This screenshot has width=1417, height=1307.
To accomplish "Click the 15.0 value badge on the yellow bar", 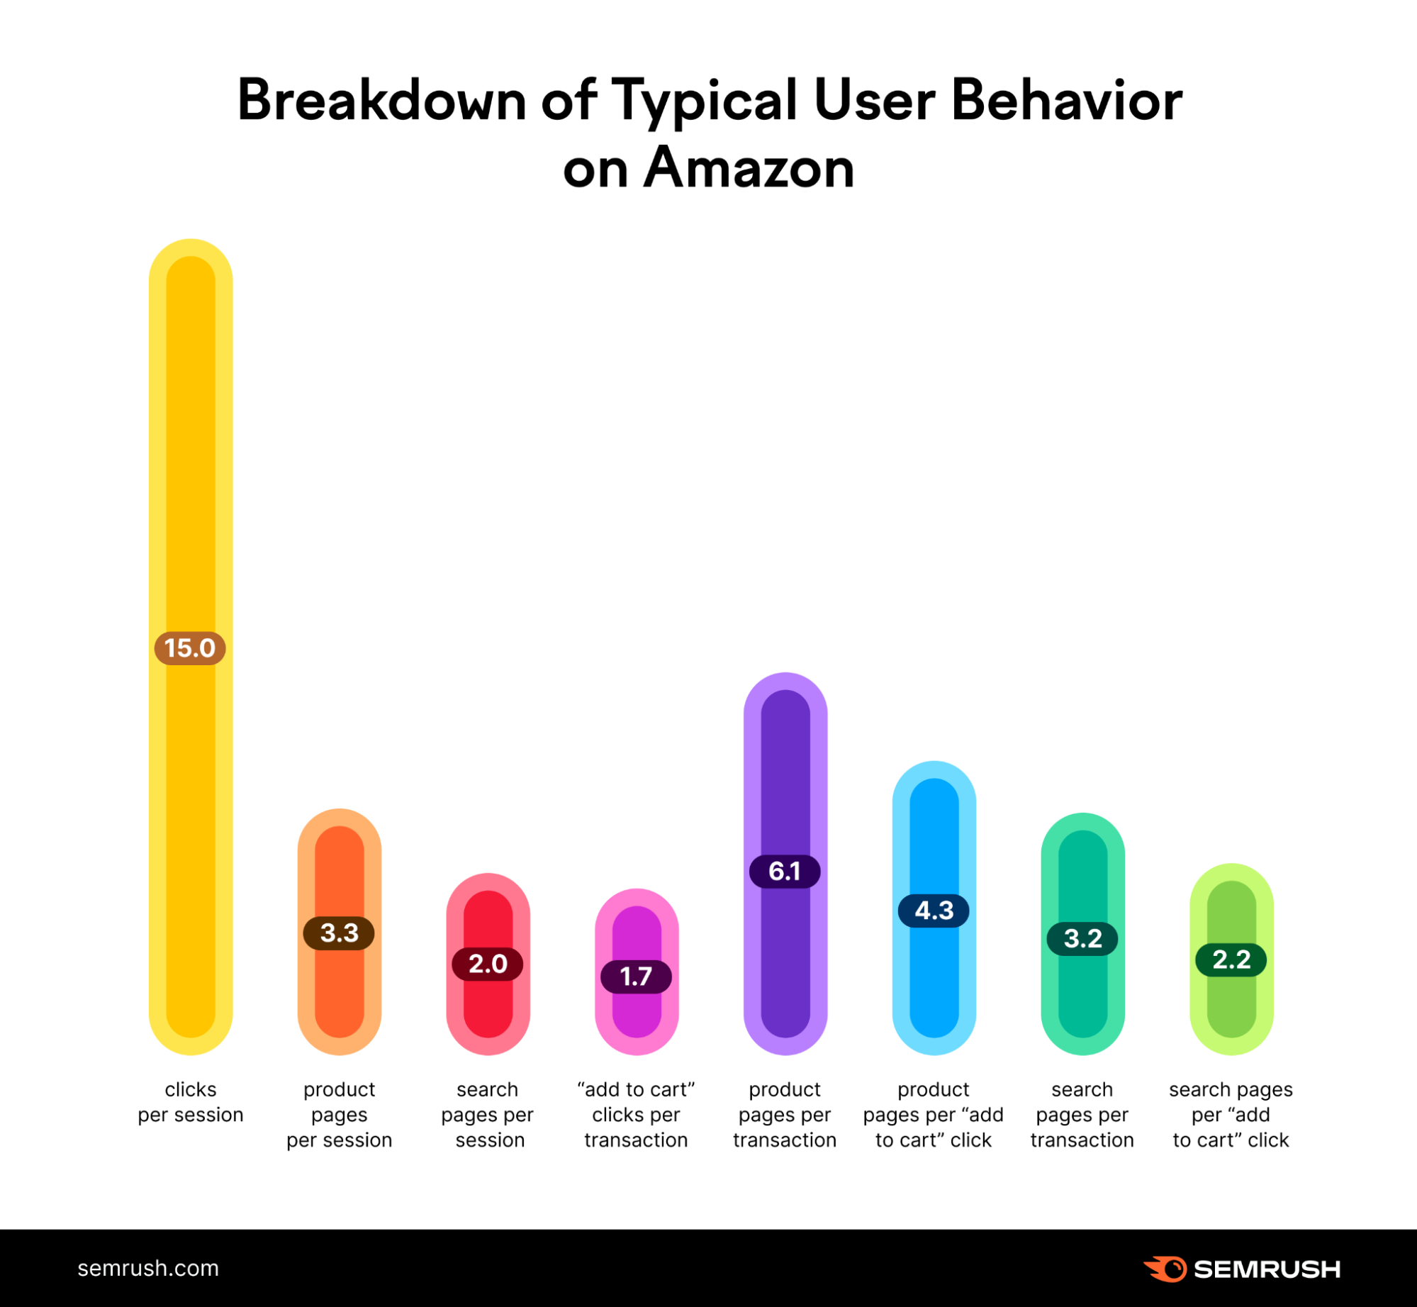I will click(x=190, y=648).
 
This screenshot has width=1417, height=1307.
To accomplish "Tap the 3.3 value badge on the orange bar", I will click(x=339, y=933).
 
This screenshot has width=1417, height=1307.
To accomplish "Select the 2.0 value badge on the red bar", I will click(x=488, y=964).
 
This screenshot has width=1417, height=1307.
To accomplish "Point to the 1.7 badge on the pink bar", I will click(x=636, y=977).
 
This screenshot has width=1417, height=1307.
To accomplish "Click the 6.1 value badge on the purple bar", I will click(x=785, y=871).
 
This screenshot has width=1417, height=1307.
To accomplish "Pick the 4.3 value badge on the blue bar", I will click(x=934, y=911).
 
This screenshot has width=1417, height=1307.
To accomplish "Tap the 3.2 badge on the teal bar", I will click(x=1082, y=939).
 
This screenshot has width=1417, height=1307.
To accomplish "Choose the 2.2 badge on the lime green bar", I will click(x=1231, y=960).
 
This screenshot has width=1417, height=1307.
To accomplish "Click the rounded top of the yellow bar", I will click(x=190, y=259).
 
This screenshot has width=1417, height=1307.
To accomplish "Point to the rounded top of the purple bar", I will click(x=785, y=691).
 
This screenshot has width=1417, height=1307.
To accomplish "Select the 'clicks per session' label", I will click(x=190, y=1102).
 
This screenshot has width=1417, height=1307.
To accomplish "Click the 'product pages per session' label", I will click(x=339, y=1115).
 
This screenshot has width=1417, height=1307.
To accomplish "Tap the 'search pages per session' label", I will click(x=488, y=1115).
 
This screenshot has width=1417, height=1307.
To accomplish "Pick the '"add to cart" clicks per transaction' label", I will click(x=636, y=1115).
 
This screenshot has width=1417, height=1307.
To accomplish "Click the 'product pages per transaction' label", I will click(x=785, y=1115).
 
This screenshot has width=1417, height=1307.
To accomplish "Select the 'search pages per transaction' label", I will click(x=1082, y=1115).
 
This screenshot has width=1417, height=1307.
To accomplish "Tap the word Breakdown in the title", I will click(x=381, y=100).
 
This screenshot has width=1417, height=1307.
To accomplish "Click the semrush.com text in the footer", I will click(x=148, y=1268).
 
